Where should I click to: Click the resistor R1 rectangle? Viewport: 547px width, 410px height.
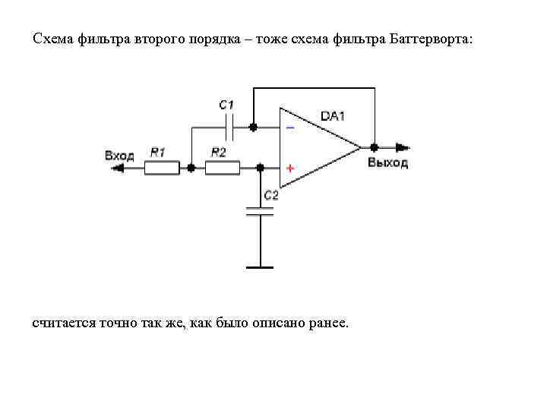(x=162, y=168)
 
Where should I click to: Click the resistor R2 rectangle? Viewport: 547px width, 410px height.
(x=222, y=168)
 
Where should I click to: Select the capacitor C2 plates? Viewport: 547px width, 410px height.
(x=260, y=212)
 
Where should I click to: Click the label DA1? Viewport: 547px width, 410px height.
(x=333, y=116)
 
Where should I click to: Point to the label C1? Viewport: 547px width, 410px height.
(x=226, y=105)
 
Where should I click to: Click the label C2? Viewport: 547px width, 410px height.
(x=271, y=195)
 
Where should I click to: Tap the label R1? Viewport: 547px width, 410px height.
(x=158, y=153)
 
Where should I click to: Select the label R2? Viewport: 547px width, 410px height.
(x=219, y=153)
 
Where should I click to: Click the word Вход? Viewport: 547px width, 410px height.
(x=119, y=156)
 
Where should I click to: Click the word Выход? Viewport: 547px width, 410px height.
(x=387, y=162)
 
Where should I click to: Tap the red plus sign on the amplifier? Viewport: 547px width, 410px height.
(x=290, y=167)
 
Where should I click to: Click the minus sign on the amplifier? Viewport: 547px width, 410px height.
(x=290, y=128)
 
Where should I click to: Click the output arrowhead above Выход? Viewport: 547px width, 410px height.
(x=403, y=147)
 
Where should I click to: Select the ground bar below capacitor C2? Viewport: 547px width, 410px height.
(x=260, y=267)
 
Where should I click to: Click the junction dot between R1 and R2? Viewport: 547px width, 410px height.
(x=191, y=168)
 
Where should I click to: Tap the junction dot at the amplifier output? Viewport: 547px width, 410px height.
(x=374, y=147)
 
